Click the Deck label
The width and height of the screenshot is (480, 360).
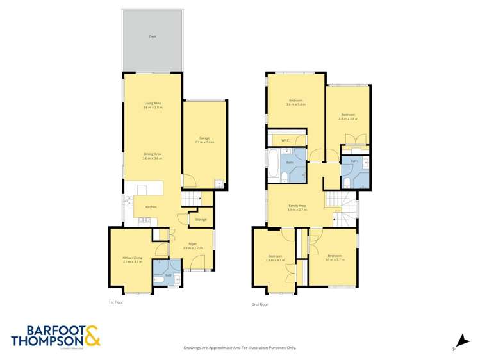click(153, 37)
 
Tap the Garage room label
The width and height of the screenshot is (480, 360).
click(204, 138)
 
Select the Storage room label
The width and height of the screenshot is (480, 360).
click(201, 219)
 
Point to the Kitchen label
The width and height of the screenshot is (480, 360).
click(152, 207)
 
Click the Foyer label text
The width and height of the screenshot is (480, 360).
click(192, 243)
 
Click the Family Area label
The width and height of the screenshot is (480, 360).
click(296, 206)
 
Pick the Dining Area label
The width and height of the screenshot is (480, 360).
click(153, 154)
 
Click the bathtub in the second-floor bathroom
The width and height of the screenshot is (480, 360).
click(274, 164)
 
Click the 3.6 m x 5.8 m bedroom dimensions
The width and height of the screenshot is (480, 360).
click(296, 104)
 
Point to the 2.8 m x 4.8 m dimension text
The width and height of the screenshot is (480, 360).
click(347, 119)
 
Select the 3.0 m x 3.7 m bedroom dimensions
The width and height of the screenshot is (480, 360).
click(335, 260)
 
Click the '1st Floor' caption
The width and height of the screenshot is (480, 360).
click(115, 300)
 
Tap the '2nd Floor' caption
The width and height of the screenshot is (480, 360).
click(260, 304)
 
